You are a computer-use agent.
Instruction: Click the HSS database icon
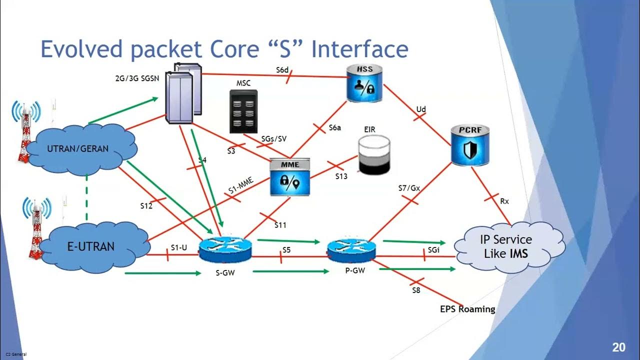tap(365, 83)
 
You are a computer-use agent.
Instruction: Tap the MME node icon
tap(290, 177)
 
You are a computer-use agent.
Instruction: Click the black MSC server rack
tap(243, 111)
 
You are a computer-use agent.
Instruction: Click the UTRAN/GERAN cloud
tap(77, 148)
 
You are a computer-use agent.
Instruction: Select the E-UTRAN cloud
tap(90, 246)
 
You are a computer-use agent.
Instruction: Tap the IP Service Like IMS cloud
tap(506, 246)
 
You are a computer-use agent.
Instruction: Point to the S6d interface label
tap(282, 70)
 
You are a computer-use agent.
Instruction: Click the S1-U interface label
tap(179, 247)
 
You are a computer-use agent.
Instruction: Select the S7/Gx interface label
tap(409, 188)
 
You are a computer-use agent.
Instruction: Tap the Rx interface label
tap(504, 201)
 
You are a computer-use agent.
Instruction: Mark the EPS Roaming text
tap(467, 309)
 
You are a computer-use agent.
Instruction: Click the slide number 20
tap(618, 347)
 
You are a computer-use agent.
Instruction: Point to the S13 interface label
tap(341, 176)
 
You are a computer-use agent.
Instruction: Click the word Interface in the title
tap(359, 50)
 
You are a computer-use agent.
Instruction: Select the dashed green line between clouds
tap(87, 198)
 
